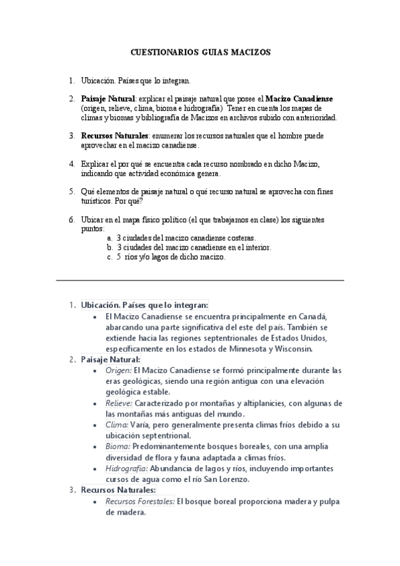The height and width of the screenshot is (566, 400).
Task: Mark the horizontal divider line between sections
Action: [200, 280]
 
